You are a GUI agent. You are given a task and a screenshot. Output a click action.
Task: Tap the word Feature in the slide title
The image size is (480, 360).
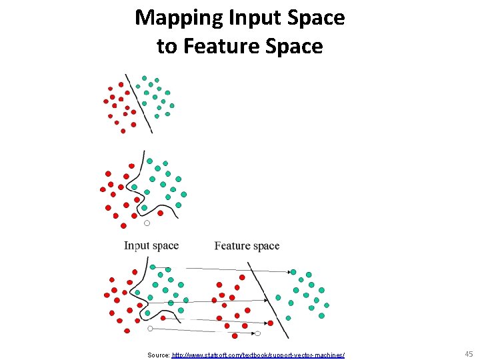(219, 47)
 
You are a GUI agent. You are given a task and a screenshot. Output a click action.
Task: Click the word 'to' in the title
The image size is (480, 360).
(166, 47)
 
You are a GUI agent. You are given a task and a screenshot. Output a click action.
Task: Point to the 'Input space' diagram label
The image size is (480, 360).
(151, 245)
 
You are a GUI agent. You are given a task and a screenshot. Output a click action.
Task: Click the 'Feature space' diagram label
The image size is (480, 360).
(247, 246)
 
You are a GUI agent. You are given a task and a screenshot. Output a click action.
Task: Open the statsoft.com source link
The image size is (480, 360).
(258, 354)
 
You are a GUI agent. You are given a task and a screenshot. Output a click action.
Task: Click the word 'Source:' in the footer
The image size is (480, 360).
(159, 354)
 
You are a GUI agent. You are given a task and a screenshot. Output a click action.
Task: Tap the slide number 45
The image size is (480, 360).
(468, 353)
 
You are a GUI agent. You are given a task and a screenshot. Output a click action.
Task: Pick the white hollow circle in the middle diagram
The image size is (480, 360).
(147, 223)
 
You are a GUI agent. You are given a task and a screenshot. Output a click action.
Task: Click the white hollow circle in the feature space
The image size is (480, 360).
(257, 333)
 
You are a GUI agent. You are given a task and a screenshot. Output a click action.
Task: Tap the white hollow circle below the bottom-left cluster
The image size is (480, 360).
(150, 329)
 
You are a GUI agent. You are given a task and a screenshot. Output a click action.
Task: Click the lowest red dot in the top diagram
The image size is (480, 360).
(123, 131)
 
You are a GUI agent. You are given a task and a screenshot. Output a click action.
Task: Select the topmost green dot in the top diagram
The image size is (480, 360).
(144, 78)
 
